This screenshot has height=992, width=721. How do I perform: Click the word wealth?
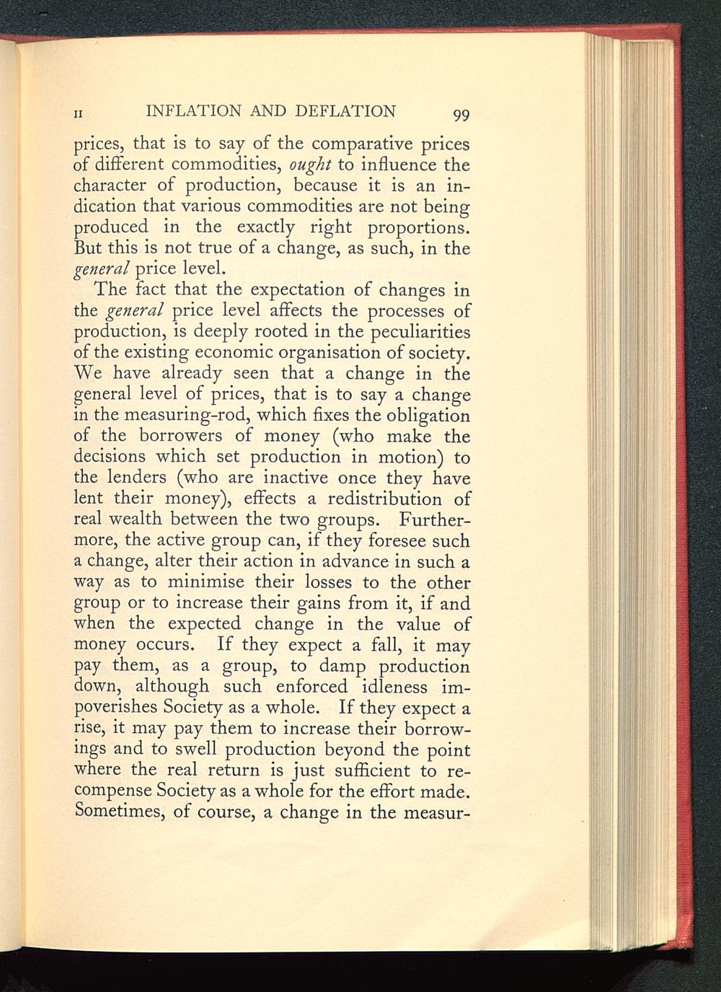coord(143,519)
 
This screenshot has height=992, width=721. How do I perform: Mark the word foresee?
coord(387,540)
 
